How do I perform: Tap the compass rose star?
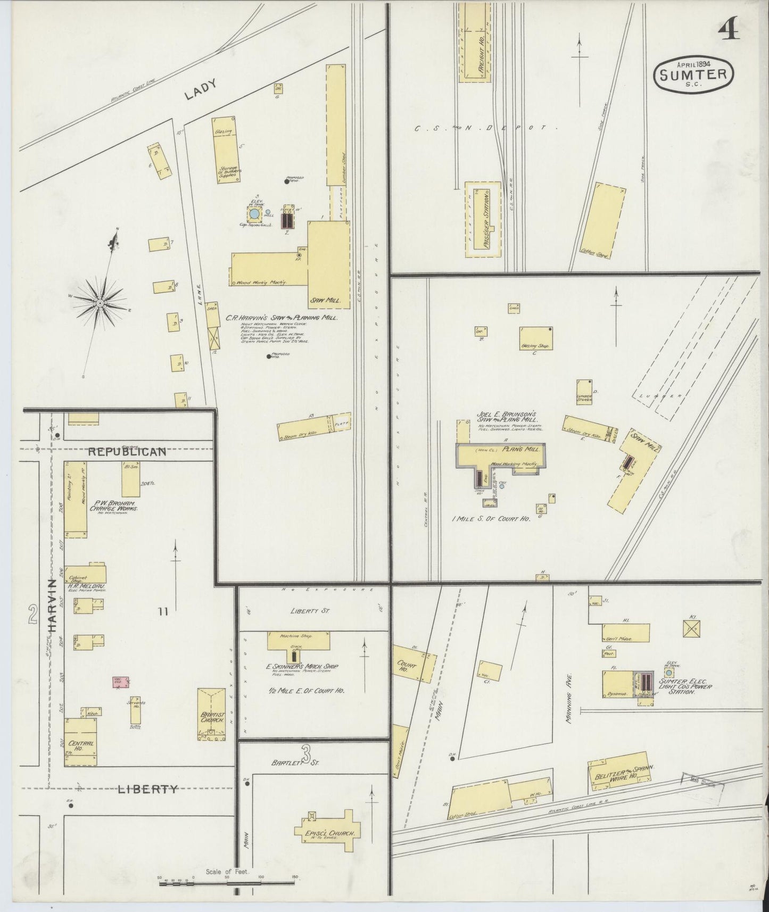[x=100, y=303]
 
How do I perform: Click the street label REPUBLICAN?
[x=127, y=452]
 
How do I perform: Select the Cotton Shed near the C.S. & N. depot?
[x=602, y=221]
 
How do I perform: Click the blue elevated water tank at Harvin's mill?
[x=254, y=214]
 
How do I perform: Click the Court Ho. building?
[x=414, y=664]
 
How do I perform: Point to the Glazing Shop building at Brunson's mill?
[x=536, y=338]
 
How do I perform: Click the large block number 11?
[x=163, y=612]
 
